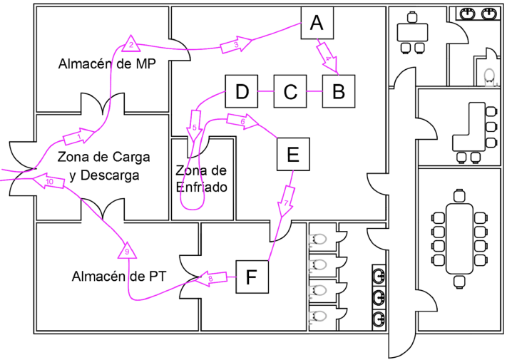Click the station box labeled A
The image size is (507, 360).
pos(317,23)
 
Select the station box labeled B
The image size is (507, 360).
pos(339,91)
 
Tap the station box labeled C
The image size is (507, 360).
pos(290,91)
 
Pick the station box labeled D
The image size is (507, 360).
pos(242,91)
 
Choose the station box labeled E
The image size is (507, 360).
pos(293,154)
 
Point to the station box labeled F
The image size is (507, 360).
pos(252,277)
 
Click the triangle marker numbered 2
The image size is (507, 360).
pos(131,44)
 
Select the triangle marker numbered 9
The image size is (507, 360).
pos(127,250)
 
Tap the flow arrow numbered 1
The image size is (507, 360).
pos(79,136)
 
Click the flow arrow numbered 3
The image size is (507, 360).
pos(236,45)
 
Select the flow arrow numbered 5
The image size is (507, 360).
pos(195,126)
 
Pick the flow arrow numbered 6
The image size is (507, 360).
pos(242,121)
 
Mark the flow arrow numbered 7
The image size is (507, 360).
pos(286,201)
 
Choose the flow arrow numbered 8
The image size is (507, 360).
pos(211,279)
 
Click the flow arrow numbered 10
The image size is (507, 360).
pos(49,181)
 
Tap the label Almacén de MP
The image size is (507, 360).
pos(107,63)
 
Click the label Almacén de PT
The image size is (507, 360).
pos(119,277)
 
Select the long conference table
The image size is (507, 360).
pos(459,239)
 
